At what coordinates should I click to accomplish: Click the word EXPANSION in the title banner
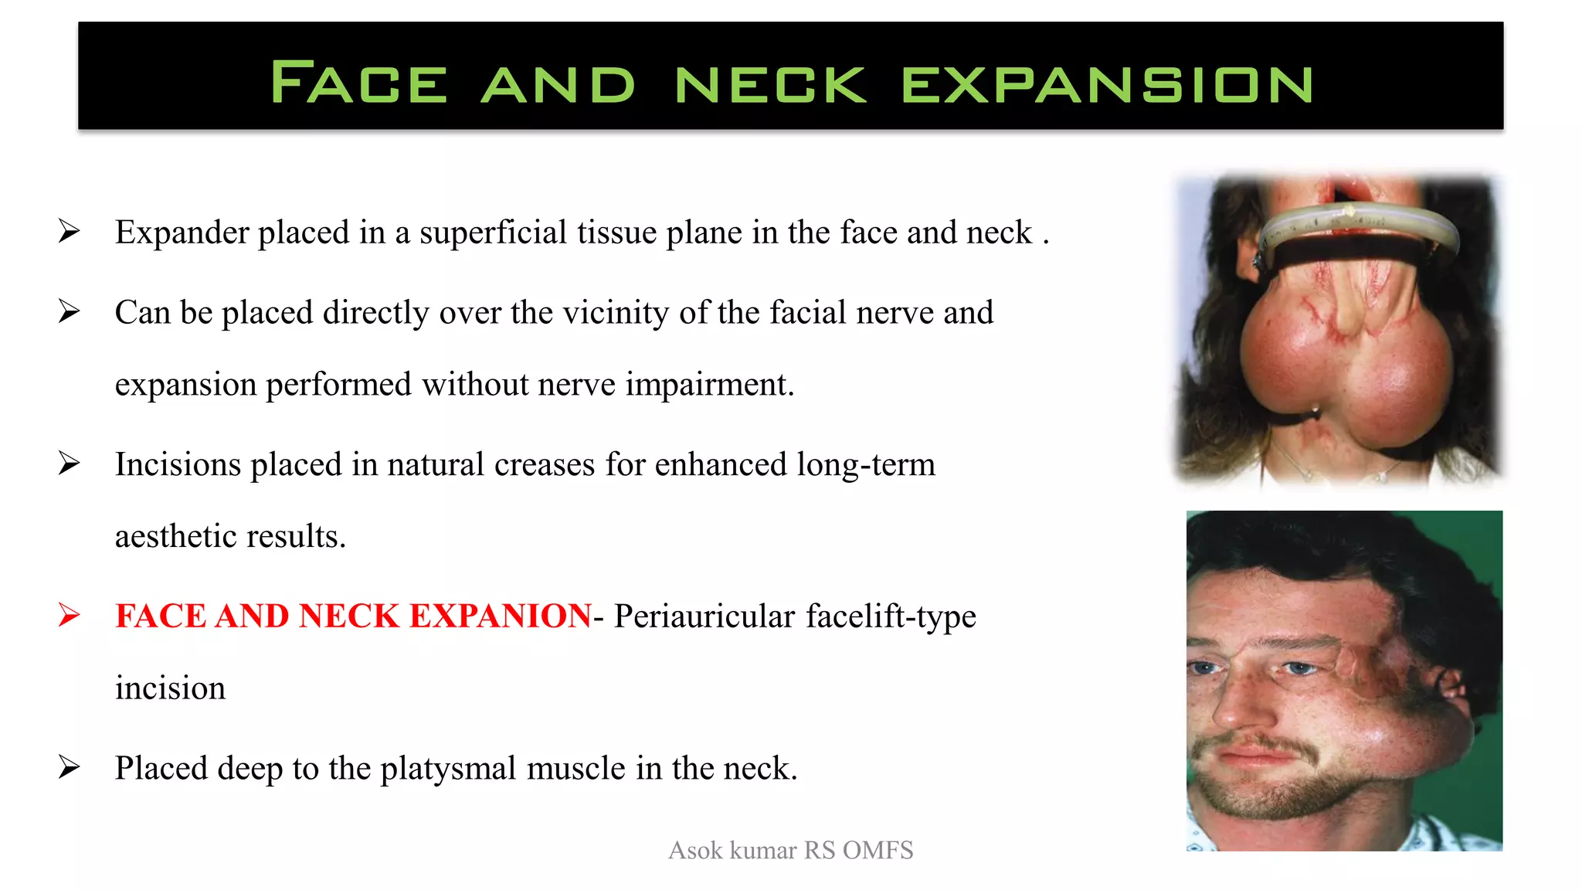[x=1107, y=84]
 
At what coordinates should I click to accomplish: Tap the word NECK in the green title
[x=770, y=84]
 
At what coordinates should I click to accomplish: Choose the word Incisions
[x=178, y=464]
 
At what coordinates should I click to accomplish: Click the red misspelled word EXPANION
[x=500, y=616]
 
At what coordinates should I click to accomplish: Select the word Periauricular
[x=704, y=617]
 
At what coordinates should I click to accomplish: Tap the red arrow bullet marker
[x=69, y=615]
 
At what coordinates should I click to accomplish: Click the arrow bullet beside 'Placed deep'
[x=69, y=767]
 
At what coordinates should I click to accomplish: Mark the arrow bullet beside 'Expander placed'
[x=69, y=231]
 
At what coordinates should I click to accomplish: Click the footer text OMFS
[x=878, y=850]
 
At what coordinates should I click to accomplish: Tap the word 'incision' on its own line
[x=170, y=688]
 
